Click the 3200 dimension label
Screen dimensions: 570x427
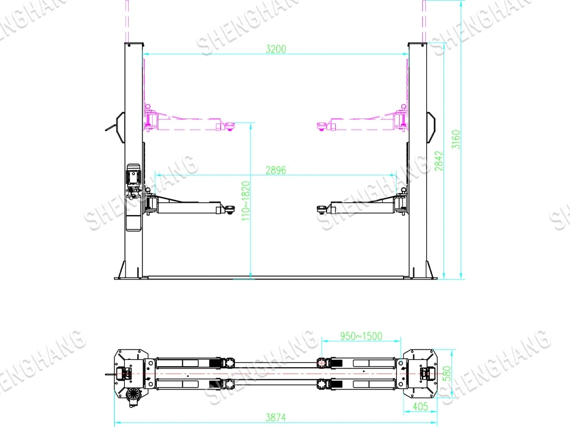[276, 49]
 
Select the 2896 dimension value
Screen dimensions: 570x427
[276, 170]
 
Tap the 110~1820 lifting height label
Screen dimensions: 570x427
[246, 201]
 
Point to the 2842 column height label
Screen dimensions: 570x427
[439, 161]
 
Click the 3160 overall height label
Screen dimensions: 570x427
[456, 139]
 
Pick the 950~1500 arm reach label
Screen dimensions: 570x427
[361, 336]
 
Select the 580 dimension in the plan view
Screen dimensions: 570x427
[447, 373]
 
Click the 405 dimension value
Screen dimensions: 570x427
[420, 407]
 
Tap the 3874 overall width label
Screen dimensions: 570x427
[275, 417]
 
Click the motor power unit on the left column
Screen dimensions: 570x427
[133, 180]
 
